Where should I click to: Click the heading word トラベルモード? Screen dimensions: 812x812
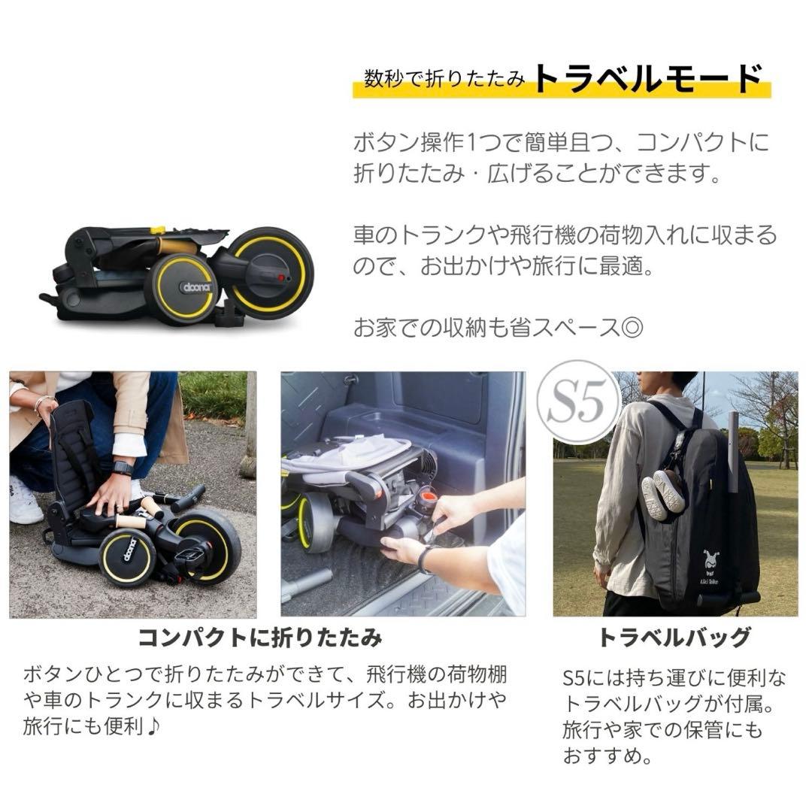[x=648, y=78]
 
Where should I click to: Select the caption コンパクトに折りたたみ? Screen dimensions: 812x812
[x=259, y=638]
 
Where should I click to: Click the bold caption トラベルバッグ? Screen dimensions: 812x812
[x=674, y=638]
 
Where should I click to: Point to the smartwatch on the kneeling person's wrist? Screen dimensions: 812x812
[x=122, y=468]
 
